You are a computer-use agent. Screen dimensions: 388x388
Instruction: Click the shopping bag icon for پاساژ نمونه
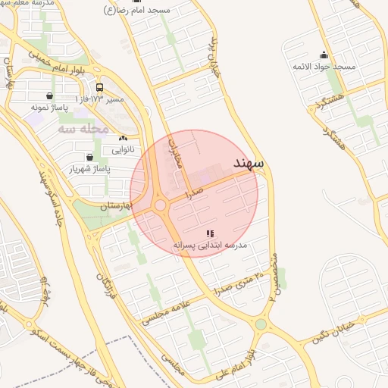(x=50, y=96)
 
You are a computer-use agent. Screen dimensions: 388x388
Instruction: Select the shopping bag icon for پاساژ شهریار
(x=90, y=157)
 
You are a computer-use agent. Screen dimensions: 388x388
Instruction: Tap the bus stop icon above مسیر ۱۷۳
(x=99, y=87)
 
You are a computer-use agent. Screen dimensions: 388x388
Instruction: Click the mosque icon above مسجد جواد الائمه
(x=324, y=55)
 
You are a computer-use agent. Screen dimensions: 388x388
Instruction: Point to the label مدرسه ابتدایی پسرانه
(x=211, y=246)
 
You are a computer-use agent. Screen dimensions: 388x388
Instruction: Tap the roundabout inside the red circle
(x=160, y=205)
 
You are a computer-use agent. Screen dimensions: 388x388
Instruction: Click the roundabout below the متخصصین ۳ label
(x=261, y=324)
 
